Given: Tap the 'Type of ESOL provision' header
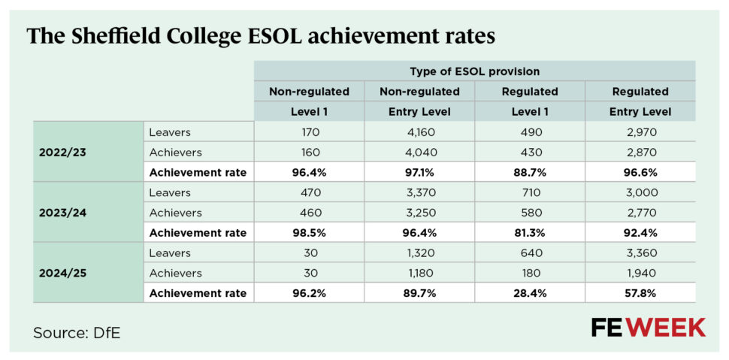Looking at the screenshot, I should [x=475, y=71].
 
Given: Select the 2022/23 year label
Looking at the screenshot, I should [x=62, y=152].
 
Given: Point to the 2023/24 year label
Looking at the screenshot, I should [x=62, y=213].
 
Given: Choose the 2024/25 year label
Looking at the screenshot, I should [x=62, y=274].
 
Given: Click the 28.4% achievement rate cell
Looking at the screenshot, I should [x=530, y=294].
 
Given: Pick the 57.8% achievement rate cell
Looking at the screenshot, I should [x=640, y=294].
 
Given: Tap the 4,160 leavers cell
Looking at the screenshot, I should [x=419, y=132].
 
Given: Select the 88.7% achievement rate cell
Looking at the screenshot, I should [x=530, y=172].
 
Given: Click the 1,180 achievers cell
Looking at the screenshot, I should [x=419, y=274].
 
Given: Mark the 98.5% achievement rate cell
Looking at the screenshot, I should [x=309, y=233].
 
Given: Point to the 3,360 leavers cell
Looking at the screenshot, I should [x=640, y=253].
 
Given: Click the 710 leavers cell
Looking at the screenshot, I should [x=530, y=192].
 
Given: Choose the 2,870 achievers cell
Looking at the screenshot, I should [x=640, y=152].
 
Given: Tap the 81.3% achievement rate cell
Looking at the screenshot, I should [x=530, y=233].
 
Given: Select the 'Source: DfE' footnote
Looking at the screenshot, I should [x=76, y=332].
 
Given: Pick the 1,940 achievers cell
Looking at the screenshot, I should [x=640, y=274].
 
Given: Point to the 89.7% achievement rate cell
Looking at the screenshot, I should [x=419, y=294].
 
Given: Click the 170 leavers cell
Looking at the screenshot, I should [x=309, y=132].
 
